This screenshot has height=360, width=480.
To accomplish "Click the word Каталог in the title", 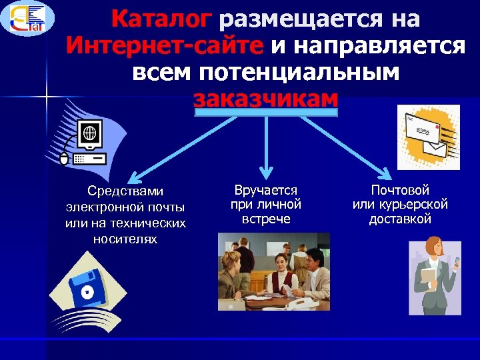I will click(163, 19).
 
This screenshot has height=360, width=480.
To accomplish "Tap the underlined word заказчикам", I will click(266, 99).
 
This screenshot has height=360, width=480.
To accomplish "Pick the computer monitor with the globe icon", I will click(90, 133).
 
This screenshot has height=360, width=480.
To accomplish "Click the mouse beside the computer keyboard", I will click(64, 159).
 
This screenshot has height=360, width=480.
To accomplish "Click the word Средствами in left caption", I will click(125, 192).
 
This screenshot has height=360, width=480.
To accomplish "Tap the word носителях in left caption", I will click(125, 238).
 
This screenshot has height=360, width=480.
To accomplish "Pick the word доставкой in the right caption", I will click(400, 219).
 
